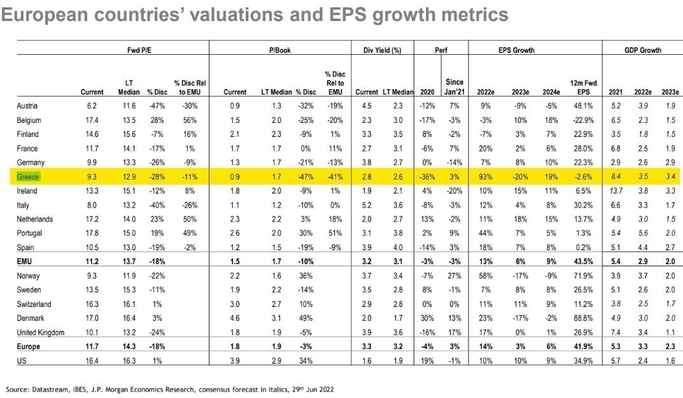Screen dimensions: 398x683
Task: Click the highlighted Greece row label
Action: [x=28, y=177]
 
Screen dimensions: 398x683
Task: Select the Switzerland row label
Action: [x=34, y=304]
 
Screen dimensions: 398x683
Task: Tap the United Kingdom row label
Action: [x=41, y=332]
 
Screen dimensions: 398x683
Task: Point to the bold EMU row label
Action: [x=25, y=262]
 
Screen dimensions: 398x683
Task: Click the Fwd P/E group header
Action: [x=137, y=50]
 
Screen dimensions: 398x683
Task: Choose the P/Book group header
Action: [x=280, y=50]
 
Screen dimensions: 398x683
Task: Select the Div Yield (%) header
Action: [x=383, y=50]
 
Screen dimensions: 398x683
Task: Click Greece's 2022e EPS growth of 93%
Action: [x=488, y=177]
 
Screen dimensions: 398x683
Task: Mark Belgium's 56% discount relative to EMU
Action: [x=190, y=120]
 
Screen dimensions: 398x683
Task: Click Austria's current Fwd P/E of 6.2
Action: [x=92, y=106]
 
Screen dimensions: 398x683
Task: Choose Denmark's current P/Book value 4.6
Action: [x=235, y=318]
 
